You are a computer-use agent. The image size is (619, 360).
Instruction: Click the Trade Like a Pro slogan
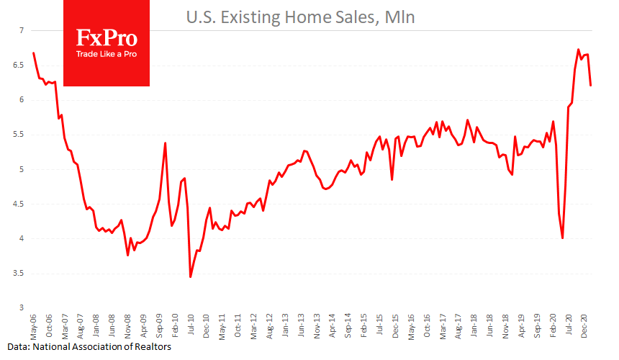click(107, 55)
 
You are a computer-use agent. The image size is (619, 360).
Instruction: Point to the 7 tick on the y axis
click(22, 30)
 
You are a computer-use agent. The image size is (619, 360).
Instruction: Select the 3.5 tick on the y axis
click(18, 274)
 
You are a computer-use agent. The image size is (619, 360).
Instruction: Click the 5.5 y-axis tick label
click(18, 135)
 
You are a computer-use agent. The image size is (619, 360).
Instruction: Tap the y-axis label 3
click(22, 308)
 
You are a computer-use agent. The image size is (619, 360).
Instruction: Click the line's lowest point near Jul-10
click(190, 276)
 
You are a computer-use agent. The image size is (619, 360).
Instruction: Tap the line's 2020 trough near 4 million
click(562, 238)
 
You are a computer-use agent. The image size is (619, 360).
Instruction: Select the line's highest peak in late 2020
click(579, 50)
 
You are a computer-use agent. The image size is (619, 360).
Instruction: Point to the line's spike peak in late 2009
click(166, 143)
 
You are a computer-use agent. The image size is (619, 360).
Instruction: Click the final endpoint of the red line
click(591, 85)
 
